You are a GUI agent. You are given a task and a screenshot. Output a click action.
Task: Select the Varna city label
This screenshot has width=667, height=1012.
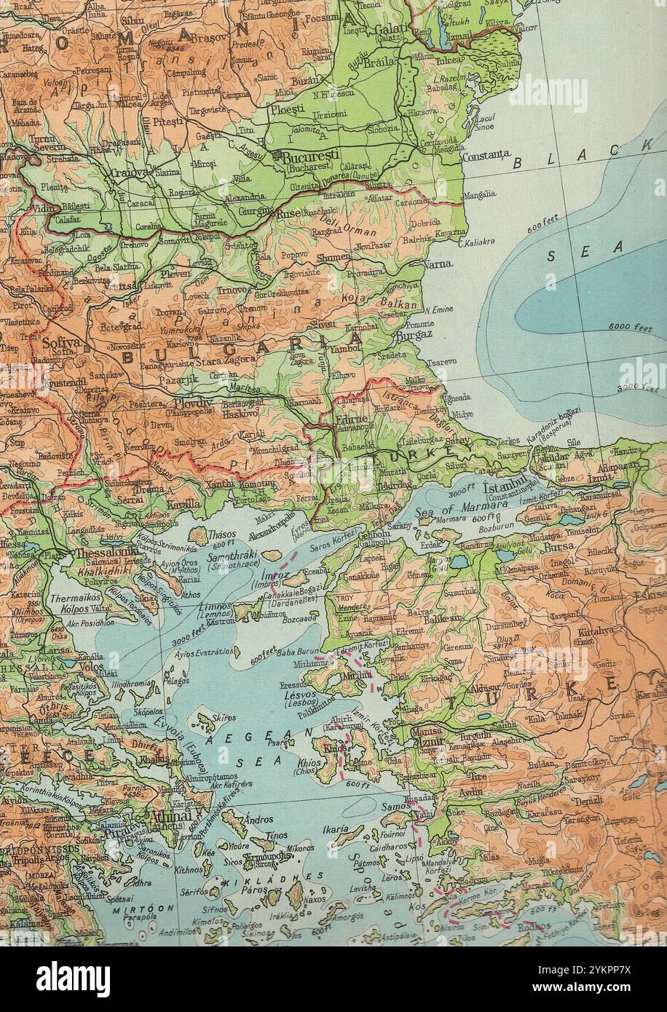[x=438, y=264]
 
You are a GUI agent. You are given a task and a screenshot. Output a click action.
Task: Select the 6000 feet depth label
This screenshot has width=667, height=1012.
[x=630, y=328]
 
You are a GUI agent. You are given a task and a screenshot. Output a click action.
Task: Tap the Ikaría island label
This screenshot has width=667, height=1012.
[x=336, y=829]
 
